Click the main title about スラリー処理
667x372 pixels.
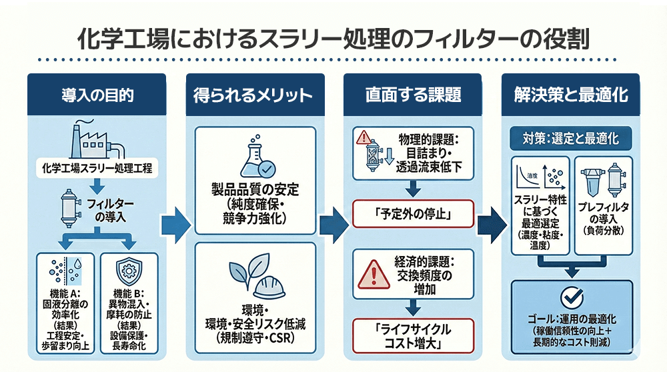click(x=333, y=38)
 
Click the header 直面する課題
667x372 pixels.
click(x=413, y=95)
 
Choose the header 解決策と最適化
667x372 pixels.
click(x=571, y=95)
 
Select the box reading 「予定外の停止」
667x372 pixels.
click(x=413, y=216)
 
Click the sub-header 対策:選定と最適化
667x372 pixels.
click(x=571, y=139)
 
